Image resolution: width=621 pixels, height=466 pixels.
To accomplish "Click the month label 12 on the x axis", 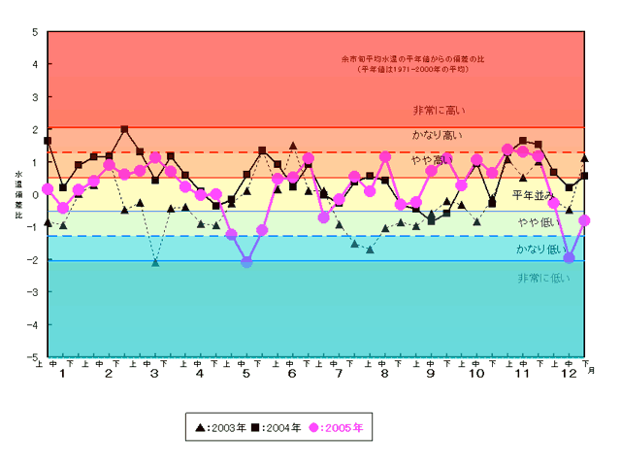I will [x=568, y=375].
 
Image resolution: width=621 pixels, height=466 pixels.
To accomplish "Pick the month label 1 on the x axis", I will [x=63, y=375].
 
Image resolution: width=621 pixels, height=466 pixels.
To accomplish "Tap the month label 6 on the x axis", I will [x=292, y=375].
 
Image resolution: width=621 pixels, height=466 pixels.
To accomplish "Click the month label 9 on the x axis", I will [x=430, y=375].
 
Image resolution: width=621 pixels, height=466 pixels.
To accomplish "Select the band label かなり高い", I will [x=438, y=135].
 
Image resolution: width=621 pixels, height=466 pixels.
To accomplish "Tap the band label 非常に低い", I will [x=543, y=278].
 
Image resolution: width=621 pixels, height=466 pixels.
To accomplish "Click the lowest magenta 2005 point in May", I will [x=246, y=262].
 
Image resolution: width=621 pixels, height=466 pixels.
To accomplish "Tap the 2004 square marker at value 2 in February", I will [x=124, y=129].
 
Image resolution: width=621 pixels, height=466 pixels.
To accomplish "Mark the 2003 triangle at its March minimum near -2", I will [x=155, y=262].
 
